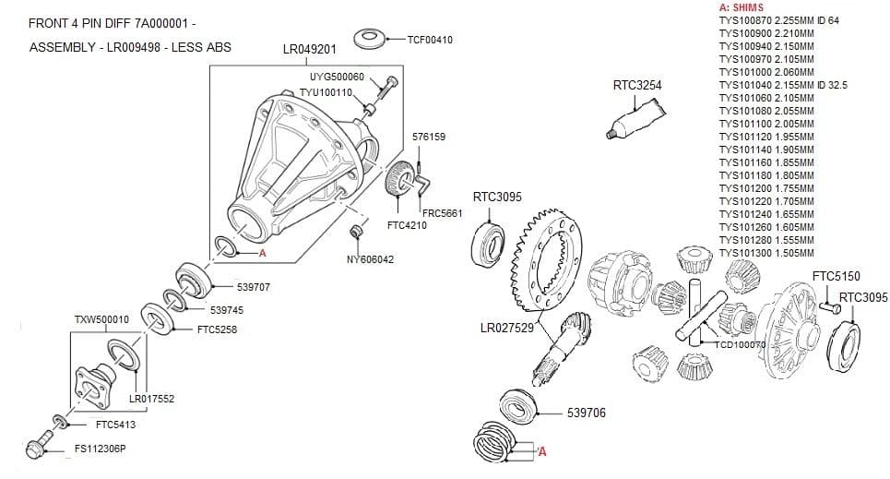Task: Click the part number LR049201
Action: pos(308,49)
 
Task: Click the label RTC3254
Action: pos(636,86)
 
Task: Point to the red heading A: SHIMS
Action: pos(742,7)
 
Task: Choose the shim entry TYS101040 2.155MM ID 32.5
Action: pos(782,85)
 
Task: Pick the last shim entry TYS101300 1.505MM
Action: pos(765,253)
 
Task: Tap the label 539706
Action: pos(586,413)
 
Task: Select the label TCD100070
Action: pos(741,344)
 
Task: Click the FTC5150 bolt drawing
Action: pos(827,307)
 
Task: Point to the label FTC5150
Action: pos(836,276)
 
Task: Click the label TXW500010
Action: pos(101,320)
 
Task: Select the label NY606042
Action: pos(370,258)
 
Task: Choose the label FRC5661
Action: pos(442,213)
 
